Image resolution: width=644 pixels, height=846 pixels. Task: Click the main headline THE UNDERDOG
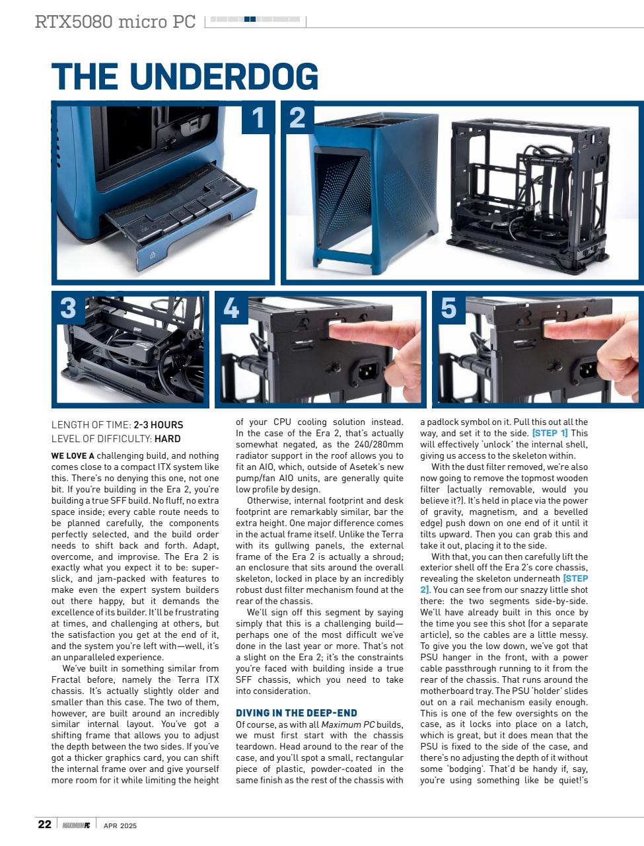(x=185, y=77)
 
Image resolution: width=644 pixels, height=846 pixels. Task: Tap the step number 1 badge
(x=258, y=118)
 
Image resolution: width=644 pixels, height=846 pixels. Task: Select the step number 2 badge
(x=297, y=118)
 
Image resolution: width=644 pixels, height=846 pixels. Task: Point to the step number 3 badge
(x=68, y=308)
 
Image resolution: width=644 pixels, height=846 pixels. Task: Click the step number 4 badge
(x=231, y=308)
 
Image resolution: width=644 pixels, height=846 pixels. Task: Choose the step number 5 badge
(x=448, y=308)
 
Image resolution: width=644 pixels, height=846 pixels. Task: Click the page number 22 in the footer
(x=44, y=824)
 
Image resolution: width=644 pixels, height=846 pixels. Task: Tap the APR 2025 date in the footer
(x=120, y=825)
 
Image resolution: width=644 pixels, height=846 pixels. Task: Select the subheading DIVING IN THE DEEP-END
(x=296, y=712)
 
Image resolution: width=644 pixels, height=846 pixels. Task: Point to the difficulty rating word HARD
(x=167, y=438)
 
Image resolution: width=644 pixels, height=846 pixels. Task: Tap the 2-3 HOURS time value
(x=158, y=425)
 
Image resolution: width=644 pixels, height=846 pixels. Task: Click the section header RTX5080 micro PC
(x=116, y=22)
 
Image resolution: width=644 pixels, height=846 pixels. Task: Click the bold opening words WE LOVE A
(x=73, y=455)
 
